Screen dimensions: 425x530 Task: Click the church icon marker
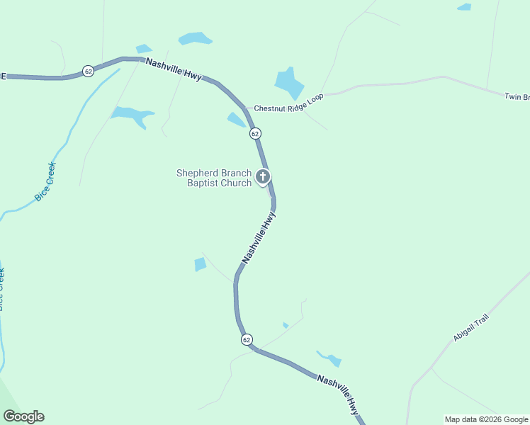(263, 176)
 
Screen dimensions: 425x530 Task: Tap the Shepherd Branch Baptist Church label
(214, 178)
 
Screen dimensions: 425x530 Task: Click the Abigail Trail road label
(472, 329)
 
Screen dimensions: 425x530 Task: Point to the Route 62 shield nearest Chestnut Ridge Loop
(255, 133)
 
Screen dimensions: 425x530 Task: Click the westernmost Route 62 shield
(88, 71)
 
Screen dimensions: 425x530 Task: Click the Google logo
(23, 416)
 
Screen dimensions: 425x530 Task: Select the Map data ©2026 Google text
(486, 419)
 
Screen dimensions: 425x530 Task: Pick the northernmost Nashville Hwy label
(174, 69)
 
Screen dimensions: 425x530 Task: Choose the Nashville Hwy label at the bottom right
(339, 394)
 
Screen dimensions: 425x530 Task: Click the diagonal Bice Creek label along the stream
(45, 181)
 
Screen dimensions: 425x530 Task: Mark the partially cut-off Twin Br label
(517, 96)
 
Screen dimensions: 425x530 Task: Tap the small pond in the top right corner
(464, 7)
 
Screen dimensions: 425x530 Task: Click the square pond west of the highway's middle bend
(200, 264)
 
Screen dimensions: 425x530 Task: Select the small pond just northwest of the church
(236, 120)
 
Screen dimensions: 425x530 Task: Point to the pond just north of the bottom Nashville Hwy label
(331, 359)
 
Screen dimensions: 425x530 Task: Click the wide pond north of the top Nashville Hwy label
(195, 38)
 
